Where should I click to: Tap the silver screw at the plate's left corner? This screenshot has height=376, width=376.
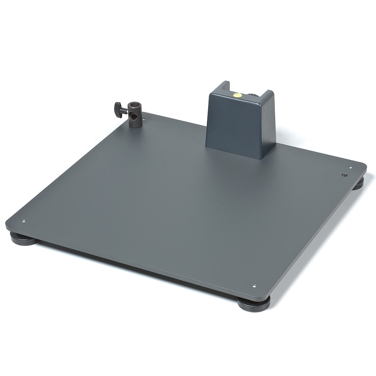pyautogui.click(x=24, y=221)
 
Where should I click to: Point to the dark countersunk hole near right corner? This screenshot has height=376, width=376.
pyautogui.click(x=344, y=175)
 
